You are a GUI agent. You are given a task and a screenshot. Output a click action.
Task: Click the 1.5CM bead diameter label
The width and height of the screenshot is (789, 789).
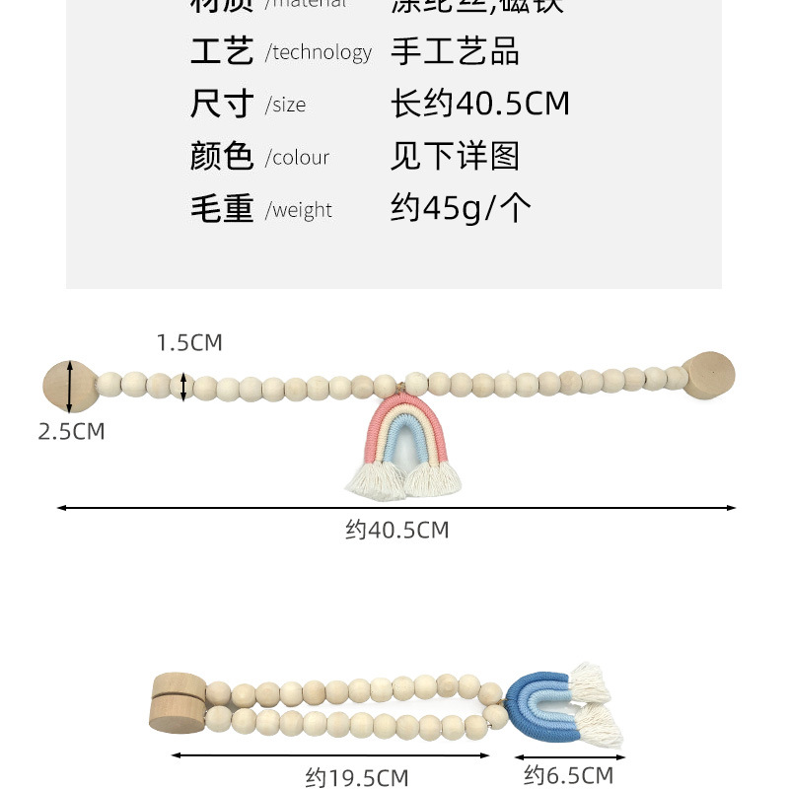189,343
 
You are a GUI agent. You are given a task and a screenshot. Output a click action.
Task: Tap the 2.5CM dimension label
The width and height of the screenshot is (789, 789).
71,431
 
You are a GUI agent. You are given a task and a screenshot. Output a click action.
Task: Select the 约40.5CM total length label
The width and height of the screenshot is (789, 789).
397,531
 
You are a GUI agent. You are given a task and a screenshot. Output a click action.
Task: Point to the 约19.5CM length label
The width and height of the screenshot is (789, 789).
357,778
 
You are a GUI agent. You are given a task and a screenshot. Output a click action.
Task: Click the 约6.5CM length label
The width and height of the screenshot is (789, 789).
569,775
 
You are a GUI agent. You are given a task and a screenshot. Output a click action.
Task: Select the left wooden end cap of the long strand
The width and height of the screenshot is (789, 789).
70,387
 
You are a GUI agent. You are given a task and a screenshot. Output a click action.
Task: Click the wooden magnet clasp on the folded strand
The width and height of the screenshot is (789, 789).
177,702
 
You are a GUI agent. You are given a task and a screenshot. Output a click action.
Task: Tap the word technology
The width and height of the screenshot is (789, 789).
323,53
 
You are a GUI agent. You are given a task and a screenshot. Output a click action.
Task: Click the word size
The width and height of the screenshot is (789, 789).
288,106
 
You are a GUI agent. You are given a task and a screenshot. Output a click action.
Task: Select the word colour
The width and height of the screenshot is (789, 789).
300,158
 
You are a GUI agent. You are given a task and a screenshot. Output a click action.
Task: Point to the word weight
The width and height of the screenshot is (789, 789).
302,210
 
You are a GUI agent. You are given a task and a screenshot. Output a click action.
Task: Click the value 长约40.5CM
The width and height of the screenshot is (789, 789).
480,104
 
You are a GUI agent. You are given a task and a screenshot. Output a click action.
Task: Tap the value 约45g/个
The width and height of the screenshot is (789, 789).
461,208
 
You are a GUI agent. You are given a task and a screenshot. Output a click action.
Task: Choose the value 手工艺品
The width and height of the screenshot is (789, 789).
455,51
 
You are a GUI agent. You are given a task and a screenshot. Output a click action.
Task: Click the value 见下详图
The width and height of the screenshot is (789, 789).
455,156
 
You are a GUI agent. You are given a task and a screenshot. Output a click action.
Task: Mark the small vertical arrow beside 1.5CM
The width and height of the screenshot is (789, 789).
183,387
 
